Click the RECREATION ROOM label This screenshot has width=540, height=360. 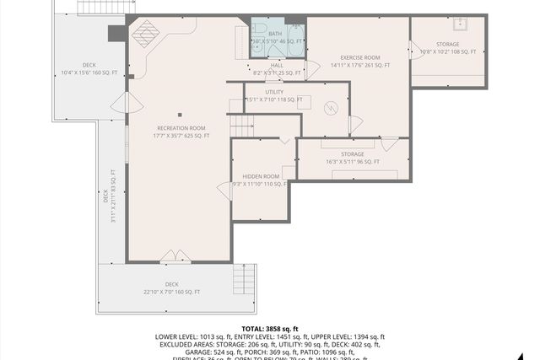tap(181, 128)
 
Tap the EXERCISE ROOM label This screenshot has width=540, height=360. tap(354, 57)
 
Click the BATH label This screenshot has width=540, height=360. tap(276, 34)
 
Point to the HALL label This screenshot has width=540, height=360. tap(277, 65)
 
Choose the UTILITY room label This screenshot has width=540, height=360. tap(274, 92)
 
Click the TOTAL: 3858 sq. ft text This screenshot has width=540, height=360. tap(270, 328)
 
